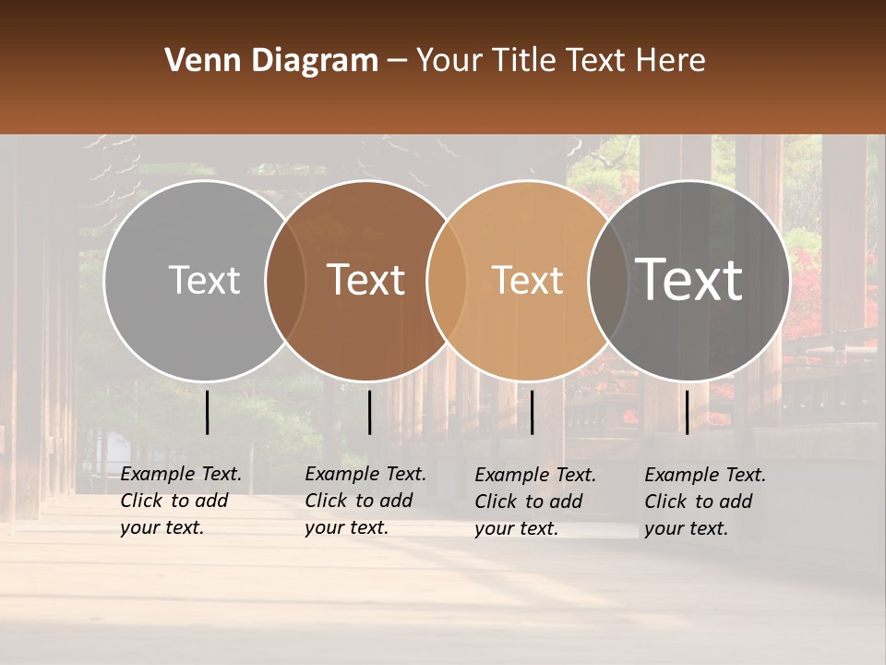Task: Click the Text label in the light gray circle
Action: pyautogui.click(x=204, y=280)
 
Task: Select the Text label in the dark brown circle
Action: pyautogui.click(x=365, y=280)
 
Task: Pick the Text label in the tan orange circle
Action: pyautogui.click(x=527, y=280)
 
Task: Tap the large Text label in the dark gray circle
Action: pyautogui.click(x=688, y=280)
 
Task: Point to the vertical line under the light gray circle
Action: pyautogui.click(x=208, y=412)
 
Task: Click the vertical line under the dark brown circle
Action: pyautogui.click(x=369, y=412)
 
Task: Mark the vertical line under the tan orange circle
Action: pyautogui.click(x=532, y=412)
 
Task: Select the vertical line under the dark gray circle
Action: pyautogui.click(x=687, y=412)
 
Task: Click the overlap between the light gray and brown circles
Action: pyautogui.click(x=286, y=280)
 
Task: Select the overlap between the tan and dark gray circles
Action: pyautogui.click(x=608, y=280)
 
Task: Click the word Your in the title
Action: pyautogui.click(x=449, y=61)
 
